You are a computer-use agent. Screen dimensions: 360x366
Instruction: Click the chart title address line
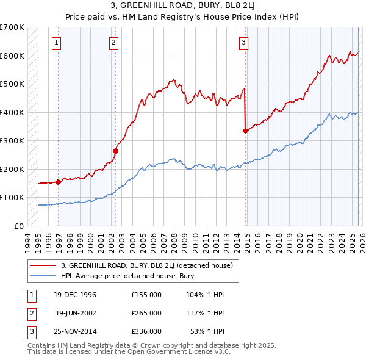(183, 6)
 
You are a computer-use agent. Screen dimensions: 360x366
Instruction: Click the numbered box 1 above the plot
(56, 42)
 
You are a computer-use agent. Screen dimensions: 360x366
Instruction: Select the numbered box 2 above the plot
(113, 42)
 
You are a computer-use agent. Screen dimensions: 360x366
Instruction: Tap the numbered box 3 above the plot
(243, 42)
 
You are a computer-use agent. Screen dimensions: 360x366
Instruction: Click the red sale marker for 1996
(59, 182)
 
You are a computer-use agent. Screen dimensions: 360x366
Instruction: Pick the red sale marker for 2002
(115, 151)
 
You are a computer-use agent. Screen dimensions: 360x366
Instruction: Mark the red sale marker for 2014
(245, 131)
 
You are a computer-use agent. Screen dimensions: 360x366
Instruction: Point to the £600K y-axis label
(12, 56)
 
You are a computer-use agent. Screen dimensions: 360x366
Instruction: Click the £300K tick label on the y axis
(12, 140)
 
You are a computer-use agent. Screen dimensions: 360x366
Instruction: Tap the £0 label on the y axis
(18, 226)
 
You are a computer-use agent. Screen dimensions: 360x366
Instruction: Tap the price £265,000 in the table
(146, 313)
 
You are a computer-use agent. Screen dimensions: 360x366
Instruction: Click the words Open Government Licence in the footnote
(176, 351)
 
